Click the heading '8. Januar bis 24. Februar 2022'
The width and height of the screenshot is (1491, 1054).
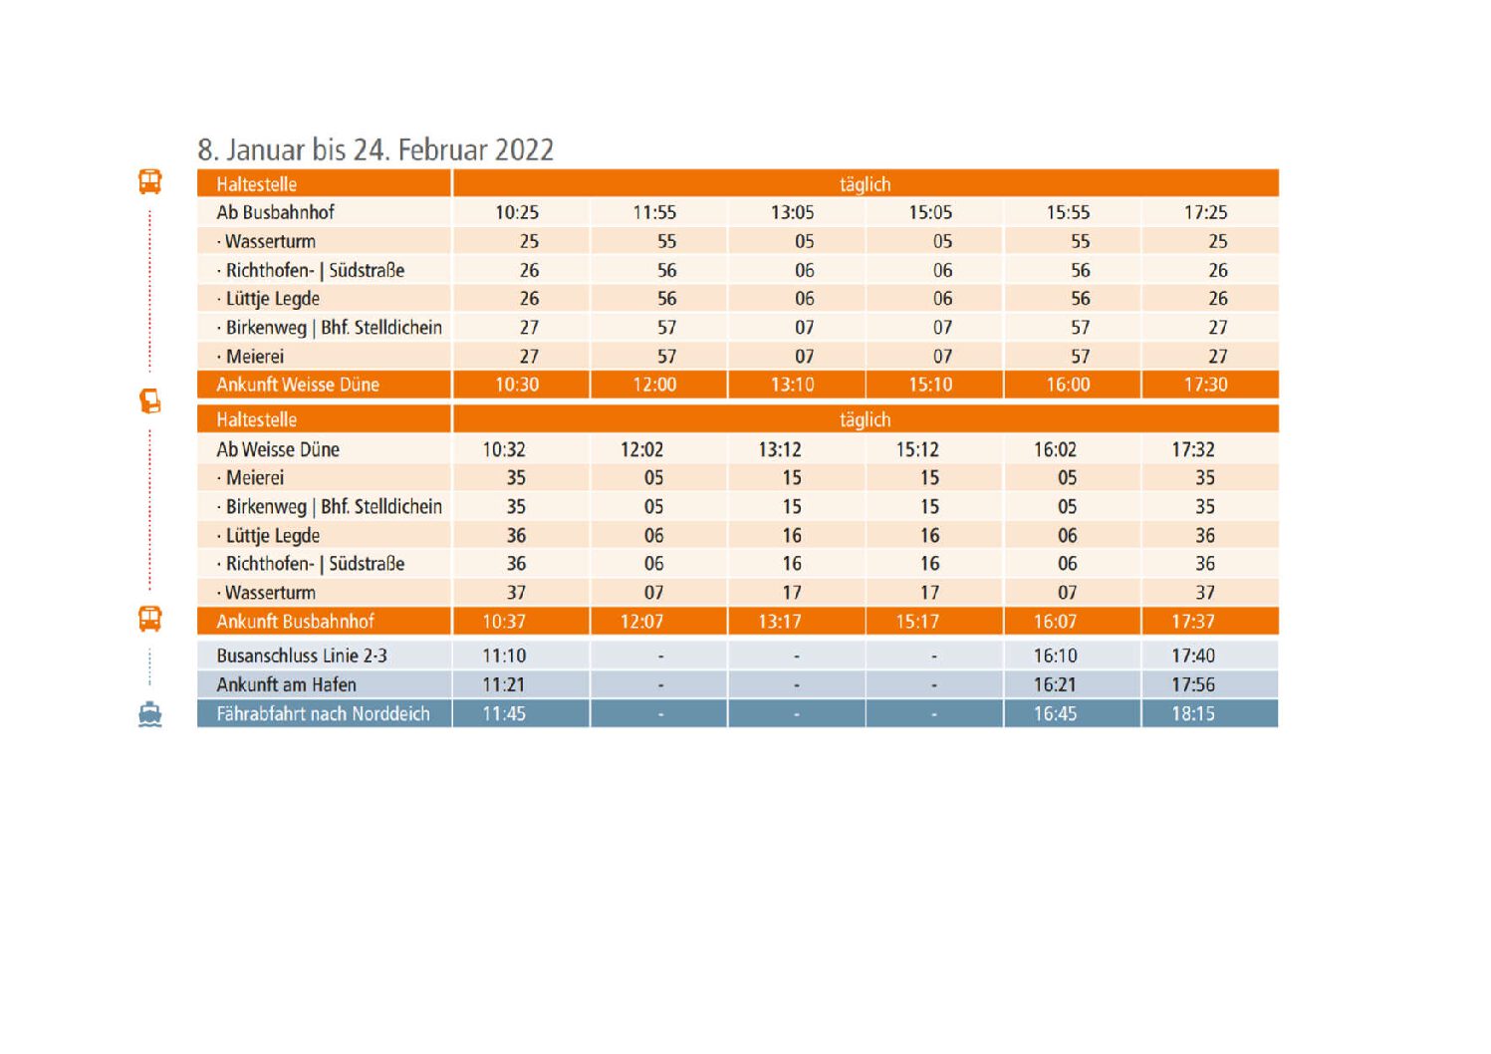click(374, 149)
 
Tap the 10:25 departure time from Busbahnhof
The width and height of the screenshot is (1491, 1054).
click(517, 212)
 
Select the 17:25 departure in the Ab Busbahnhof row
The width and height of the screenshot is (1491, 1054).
click(1205, 212)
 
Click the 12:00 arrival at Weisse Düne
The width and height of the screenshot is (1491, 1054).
click(654, 385)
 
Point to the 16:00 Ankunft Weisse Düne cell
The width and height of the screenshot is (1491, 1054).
click(1068, 385)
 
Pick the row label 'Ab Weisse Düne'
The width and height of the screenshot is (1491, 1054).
click(278, 449)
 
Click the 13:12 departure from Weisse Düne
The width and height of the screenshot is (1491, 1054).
click(780, 449)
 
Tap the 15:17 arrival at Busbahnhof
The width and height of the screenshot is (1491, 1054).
click(917, 622)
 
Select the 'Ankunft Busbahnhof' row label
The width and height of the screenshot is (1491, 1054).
click(295, 622)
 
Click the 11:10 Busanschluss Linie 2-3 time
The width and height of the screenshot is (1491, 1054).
click(504, 656)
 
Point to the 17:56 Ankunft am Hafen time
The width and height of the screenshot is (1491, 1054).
click(1193, 684)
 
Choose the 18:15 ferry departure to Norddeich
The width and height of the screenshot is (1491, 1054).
click(1193, 713)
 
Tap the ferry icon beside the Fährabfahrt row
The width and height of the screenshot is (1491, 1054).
click(149, 714)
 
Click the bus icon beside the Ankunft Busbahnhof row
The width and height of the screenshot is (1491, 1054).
click(149, 619)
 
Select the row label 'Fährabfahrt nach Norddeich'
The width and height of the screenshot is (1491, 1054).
click(323, 713)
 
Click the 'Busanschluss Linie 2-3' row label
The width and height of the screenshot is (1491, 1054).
click(302, 656)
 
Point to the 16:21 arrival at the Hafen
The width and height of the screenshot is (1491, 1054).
click(1055, 684)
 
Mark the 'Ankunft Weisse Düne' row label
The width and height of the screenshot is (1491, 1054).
click(298, 385)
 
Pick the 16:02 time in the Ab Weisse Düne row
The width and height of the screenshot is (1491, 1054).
click(1055, 449)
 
